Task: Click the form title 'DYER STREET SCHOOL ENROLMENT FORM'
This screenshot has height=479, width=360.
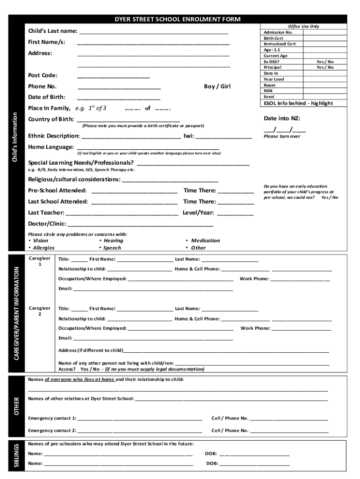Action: tap(178, 19)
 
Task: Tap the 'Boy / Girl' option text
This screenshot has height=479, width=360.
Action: tap(217, 87)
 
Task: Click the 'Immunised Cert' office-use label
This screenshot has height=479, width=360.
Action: tap(280, 44)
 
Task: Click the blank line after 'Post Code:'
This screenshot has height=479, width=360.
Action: tap(113, 76)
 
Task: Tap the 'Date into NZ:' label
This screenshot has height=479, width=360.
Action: tap(282, 118)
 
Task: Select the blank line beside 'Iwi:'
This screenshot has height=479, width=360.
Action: tap(223, 136)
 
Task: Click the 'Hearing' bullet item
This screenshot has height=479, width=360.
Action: tap(113, 240)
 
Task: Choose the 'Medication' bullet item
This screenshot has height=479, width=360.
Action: tap(205, 240)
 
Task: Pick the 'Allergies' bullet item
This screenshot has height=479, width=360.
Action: tap(43, 248)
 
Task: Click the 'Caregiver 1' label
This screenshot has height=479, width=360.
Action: tap(40, 261)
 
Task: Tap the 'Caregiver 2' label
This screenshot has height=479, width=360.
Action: tap(40, 311)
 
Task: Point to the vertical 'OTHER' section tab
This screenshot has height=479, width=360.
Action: tap(16, 405)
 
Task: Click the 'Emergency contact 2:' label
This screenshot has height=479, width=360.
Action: tap(52, 430)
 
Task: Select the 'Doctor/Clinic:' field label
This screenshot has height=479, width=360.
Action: tap(47, 224)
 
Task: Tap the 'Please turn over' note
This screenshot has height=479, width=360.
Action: tap(282, 137)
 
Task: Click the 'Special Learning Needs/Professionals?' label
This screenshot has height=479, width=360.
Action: tap(81, 163)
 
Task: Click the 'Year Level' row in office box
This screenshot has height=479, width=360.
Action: tap(274, 80)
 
